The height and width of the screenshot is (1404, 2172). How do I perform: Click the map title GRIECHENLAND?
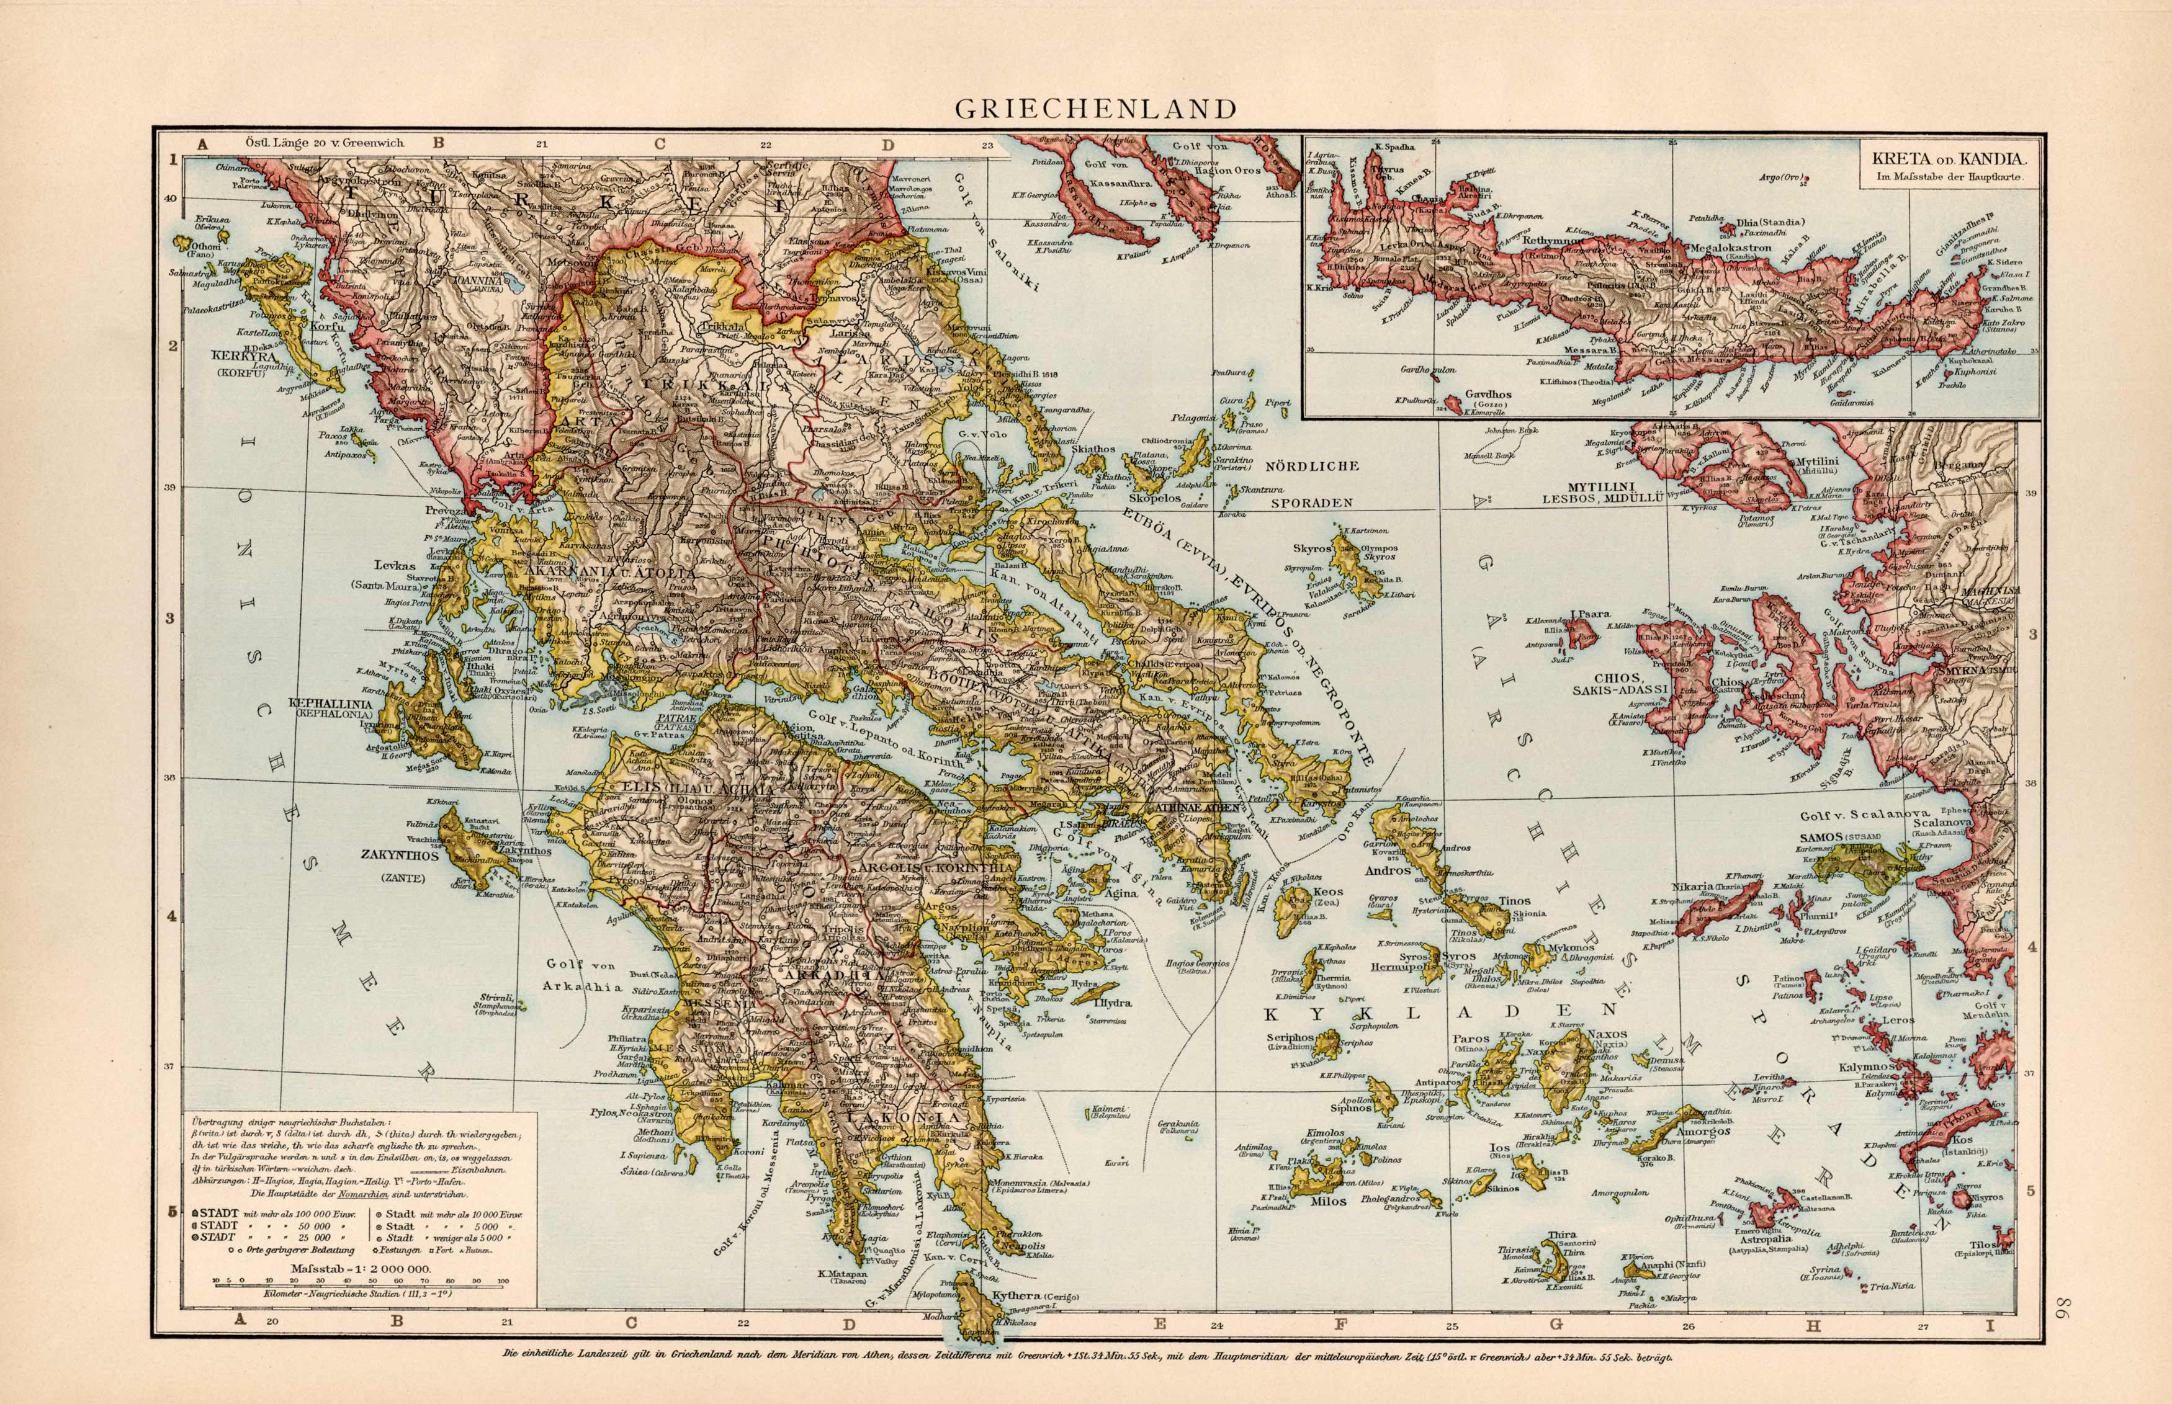coord(1095,109)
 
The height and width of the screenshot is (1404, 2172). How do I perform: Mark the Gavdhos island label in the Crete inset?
coord(1488,395)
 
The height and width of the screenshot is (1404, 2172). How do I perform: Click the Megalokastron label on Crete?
coord(1731,247)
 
